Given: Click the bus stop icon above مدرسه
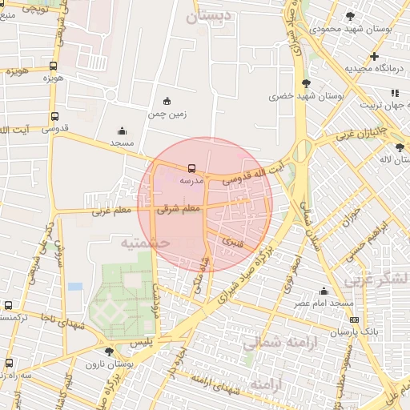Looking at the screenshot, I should point(191,169).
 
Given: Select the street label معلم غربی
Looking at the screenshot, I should point(111,211).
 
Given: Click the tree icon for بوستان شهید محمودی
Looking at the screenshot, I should point(349,16).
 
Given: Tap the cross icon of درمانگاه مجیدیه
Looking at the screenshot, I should point(374,56).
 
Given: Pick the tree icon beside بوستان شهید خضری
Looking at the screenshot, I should point(306,83).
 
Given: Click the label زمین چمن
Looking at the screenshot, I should point(167,114).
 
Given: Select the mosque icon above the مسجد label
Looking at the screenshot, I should point(122,131).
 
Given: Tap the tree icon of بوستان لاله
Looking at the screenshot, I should point(400,147).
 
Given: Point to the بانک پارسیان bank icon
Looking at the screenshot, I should point(355,320).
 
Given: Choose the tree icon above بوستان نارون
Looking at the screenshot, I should point(108,352).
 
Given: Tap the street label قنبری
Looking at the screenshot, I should point(231,238).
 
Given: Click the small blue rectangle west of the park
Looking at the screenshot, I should point(74,286).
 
